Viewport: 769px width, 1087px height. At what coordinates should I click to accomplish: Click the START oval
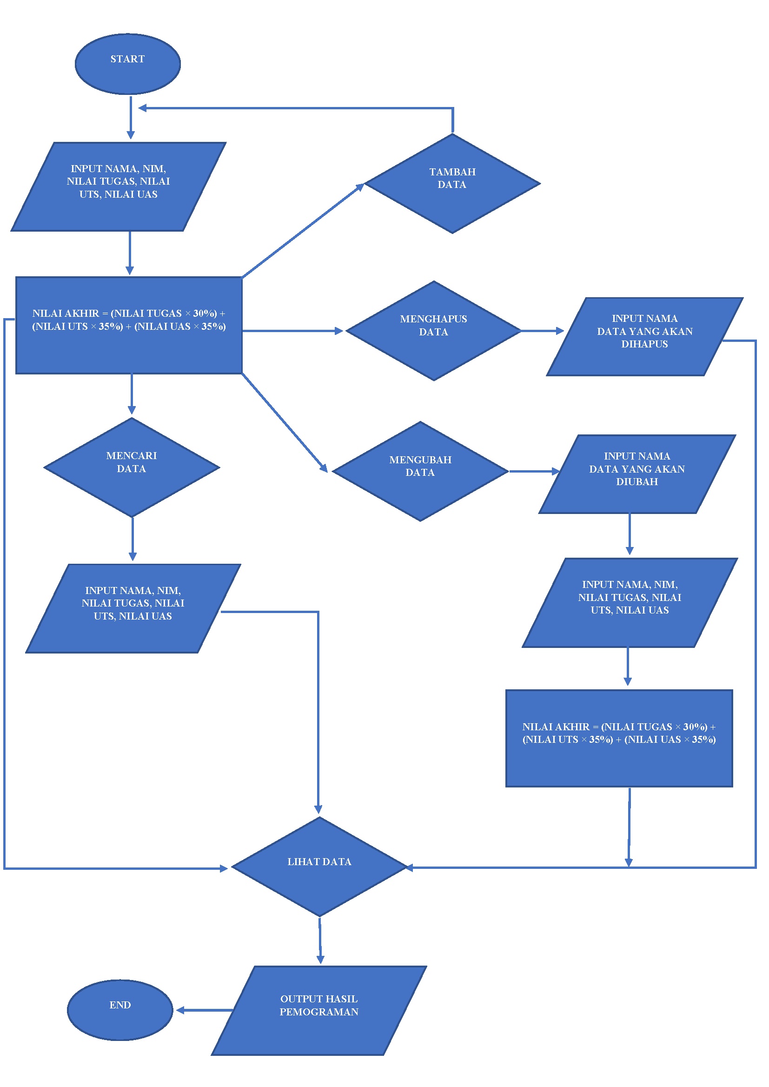[x=127, y=64]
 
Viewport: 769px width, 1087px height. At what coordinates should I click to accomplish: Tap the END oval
[x=120, y=1010]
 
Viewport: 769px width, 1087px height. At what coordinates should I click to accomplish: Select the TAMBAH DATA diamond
[x=452, y=183]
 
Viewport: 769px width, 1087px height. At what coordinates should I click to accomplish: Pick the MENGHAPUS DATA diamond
[x=433, y=331]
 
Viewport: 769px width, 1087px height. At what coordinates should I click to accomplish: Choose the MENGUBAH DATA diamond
[x=420, y=471]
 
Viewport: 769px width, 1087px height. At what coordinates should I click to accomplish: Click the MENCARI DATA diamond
[x=132, y=467]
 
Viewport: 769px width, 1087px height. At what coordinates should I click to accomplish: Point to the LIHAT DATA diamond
[x=319, y=866]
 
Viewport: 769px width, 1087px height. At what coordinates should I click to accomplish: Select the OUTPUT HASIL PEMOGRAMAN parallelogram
[x=318, y=1010]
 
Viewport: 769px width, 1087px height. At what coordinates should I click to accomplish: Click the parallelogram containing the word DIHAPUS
[x=644, y=336]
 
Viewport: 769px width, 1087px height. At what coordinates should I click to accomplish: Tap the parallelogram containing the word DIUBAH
[x=637, y=473]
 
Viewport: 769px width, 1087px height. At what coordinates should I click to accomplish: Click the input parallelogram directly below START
[x=119, y=187]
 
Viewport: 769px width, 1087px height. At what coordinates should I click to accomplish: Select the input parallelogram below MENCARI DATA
[x=133, y=608]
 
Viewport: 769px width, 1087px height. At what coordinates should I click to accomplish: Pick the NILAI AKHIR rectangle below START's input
[x=129, y=326]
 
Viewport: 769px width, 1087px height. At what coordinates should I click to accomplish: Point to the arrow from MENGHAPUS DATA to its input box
[x=542, y=331]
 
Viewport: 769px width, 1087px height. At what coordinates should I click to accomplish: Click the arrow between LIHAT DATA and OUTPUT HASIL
[x=320, y=940]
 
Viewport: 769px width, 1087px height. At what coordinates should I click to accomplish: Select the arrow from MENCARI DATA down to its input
[x=133, y=539]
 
